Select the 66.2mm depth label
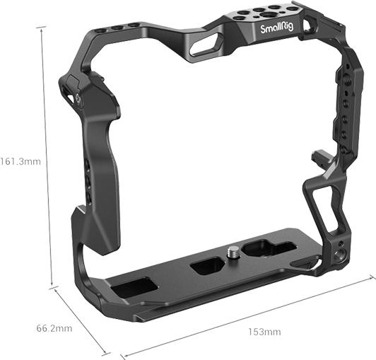click(54, 328)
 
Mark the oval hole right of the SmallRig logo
click(308, 26)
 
